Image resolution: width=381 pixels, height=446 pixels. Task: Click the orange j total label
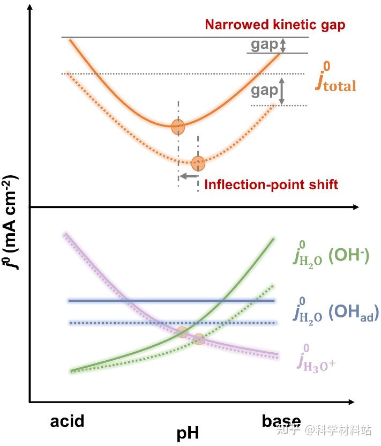[x=335, y=80]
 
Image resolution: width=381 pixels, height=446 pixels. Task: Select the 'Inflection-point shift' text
[x=272, y=184]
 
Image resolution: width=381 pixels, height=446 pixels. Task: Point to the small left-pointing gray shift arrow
[x=188, y=176]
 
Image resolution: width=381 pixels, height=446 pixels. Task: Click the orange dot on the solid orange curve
[x=178, y=127]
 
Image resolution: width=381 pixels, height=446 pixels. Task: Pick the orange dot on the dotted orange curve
[x=198, y=161]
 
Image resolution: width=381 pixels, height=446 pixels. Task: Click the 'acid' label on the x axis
[x=68, y=421]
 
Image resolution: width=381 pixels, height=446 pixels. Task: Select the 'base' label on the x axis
[x=281, y=421]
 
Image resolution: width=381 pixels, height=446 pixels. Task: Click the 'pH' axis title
[x=187, y=433]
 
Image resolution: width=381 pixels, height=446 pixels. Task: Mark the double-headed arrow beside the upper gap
[x=284, y=45]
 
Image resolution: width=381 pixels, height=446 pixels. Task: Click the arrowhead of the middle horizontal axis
[x=355, y=207]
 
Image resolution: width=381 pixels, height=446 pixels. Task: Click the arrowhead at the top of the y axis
[x=30, y=6]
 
